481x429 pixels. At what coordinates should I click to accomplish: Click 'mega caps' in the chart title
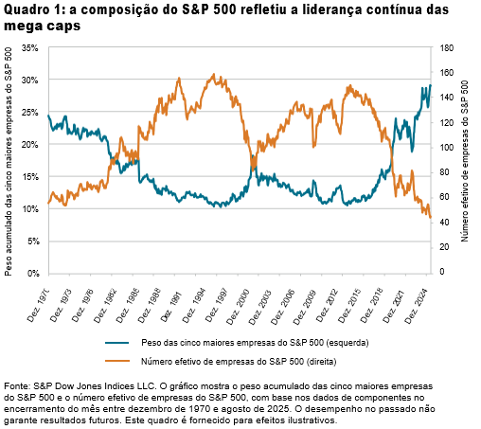[39, 27]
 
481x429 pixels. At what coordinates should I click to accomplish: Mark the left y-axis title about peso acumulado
[9, 161]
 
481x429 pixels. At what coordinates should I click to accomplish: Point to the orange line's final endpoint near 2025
[431, 219]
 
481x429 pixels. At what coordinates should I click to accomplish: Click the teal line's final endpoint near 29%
[431, 85]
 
